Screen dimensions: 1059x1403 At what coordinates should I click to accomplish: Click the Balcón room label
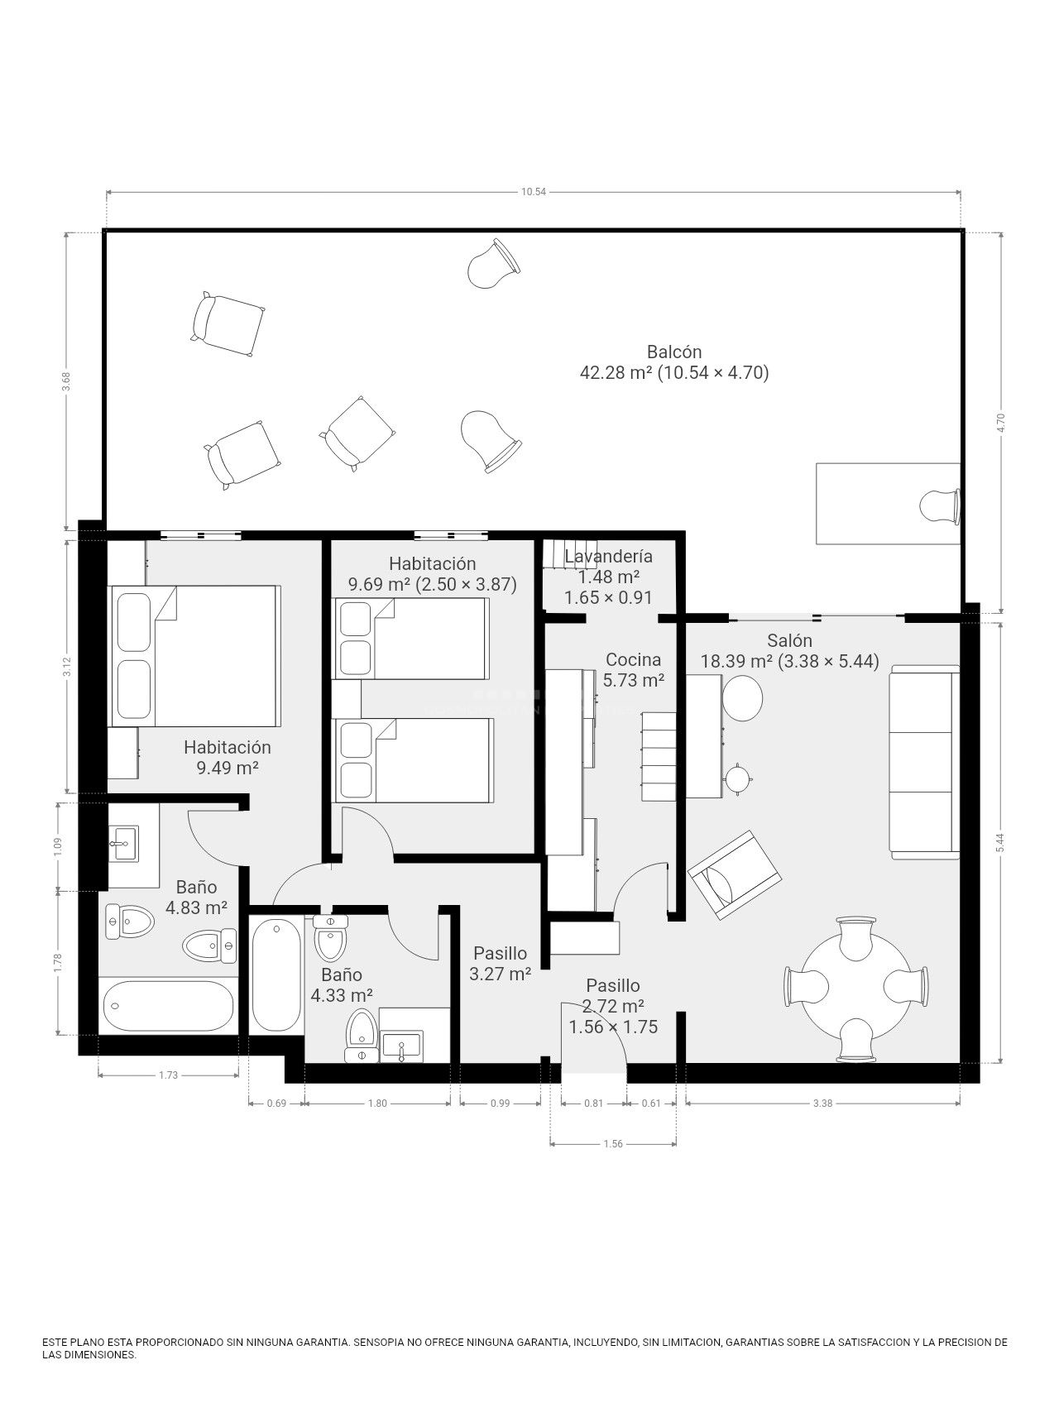point(674,352)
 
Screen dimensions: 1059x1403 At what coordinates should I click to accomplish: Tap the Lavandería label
point(608,556)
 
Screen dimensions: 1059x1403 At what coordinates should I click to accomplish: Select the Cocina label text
point(633,659)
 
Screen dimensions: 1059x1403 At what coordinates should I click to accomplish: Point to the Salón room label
point(789,640)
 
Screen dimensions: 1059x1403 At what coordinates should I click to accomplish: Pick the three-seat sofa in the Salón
point(924,761)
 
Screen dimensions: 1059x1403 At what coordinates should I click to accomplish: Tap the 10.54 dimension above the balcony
point(534,192)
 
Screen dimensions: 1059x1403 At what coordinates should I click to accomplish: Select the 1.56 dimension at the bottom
point(613,1144)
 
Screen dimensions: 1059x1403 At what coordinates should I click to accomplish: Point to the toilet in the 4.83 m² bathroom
point(130,920)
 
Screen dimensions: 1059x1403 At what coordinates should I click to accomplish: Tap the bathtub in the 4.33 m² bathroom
point(276,974)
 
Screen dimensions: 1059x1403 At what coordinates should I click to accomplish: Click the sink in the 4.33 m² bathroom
point(401,1046)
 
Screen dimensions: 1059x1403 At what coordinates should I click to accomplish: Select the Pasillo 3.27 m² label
point(500,964)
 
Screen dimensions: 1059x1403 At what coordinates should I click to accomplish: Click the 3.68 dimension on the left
point(67,381)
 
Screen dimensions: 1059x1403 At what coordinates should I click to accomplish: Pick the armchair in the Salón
point(734,875)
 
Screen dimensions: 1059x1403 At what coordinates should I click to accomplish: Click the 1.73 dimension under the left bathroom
point(169,1075)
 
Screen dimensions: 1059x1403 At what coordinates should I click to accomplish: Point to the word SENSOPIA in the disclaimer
point(380,1342)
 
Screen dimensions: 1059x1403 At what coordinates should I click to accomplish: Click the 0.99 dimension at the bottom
point(500,1103)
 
